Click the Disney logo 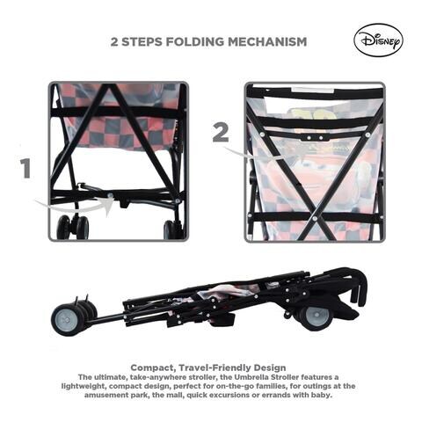[378, 40]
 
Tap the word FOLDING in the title [197, 41]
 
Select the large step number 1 [25, 169]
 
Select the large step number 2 [221, 132]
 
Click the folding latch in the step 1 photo [123, 201]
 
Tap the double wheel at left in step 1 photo [73, 228]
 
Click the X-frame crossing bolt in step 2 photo [315, 218]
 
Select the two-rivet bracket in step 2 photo [315, 137]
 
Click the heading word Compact [152, 367]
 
